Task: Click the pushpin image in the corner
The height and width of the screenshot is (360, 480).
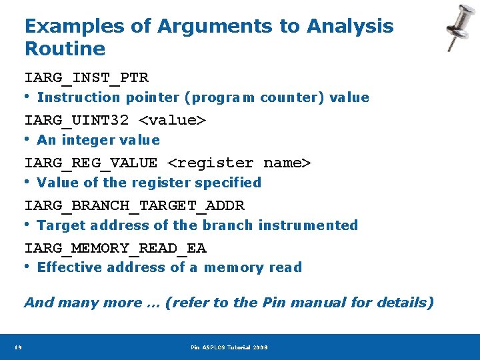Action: click(460, 27)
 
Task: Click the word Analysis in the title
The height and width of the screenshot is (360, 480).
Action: click(350, 26)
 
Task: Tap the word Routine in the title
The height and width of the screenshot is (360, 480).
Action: click(65, 49)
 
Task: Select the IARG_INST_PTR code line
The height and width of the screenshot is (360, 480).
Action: click(87, 78)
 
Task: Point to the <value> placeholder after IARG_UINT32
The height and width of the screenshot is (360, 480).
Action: click(172, 121)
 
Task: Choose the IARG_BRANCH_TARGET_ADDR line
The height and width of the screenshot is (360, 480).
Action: click(135, 205)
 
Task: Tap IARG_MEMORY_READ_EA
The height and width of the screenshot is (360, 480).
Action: click(115, 248)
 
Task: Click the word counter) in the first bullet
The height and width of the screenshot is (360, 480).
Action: click(292, 97)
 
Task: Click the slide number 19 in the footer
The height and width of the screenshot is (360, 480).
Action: click(18, 347)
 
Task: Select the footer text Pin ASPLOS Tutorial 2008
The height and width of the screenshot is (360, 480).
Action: click(229, 347)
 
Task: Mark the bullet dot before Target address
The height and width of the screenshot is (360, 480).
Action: click(28, 224)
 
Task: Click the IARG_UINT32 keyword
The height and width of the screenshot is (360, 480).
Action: click(77, 121)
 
